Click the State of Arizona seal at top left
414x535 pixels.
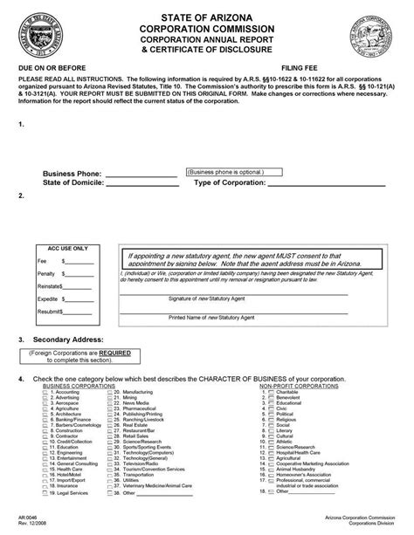click(42, 36)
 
